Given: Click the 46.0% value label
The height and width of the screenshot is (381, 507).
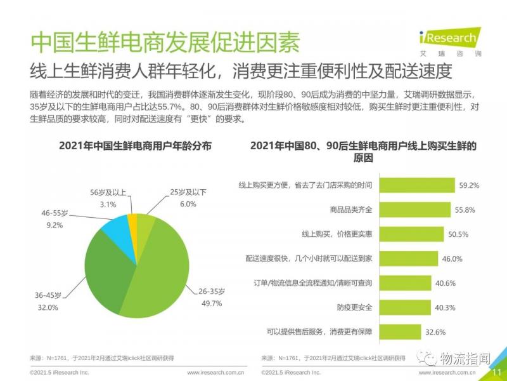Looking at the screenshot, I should tap(452, 258).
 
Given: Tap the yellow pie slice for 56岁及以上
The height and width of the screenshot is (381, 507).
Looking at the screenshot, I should tap(132, 221).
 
